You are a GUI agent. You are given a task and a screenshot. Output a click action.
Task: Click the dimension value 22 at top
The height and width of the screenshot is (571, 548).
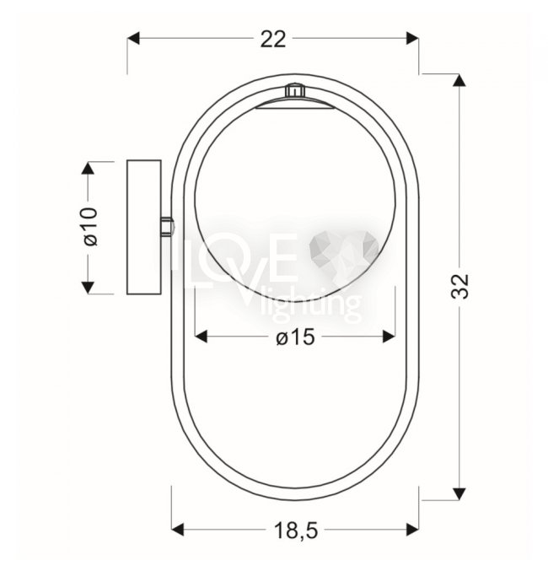(273, 40)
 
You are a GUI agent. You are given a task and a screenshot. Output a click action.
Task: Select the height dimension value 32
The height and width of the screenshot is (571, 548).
(459, 286)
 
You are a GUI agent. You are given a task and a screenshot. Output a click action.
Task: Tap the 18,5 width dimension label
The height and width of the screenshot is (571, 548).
(296, 531)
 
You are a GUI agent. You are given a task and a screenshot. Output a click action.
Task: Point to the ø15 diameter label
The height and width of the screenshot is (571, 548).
(295, 337)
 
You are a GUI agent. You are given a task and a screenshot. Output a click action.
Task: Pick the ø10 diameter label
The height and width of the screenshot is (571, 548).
(91, 227)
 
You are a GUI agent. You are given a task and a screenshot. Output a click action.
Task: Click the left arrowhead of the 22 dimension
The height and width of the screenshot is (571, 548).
(133, 38)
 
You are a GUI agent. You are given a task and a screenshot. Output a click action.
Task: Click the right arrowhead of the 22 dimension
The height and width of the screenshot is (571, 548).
(412, 38)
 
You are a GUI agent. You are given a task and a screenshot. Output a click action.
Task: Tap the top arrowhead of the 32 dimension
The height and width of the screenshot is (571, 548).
(459, 80)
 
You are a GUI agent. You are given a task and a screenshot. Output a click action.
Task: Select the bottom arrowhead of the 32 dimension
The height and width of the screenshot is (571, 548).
(459, 494)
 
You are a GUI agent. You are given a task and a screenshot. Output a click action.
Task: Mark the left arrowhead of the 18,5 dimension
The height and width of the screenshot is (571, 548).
(177, 530)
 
